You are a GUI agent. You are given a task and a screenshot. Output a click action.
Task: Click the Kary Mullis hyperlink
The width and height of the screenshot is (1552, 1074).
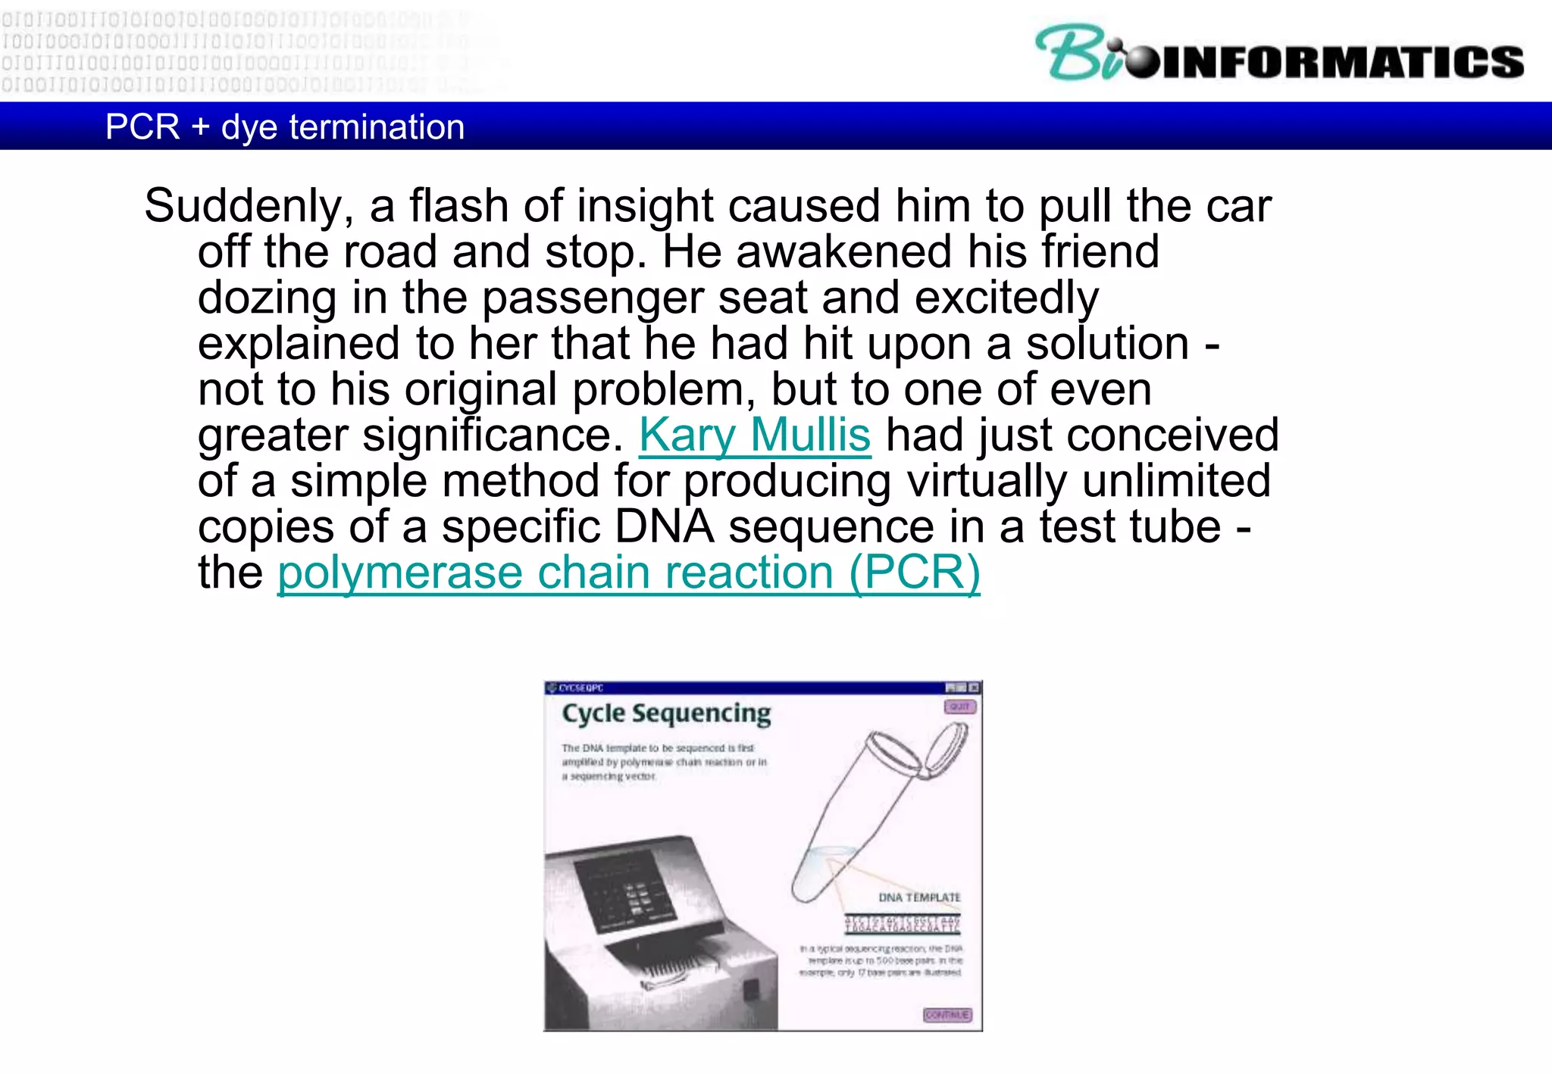[x=755, y=436]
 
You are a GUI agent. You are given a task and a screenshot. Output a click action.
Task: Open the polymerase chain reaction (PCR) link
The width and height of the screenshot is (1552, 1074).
[x=628, y=573]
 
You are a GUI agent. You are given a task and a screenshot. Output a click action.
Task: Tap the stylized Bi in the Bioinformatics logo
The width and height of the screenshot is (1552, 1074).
[x=1076, y=53]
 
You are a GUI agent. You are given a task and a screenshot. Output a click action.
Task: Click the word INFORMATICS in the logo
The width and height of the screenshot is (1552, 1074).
[x=1341, y=62]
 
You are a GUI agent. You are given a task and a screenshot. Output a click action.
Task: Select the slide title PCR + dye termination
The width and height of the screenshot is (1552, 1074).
[x=285, y=126]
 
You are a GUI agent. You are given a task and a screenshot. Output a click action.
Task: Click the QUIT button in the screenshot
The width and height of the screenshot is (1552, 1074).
[x=959, y=707]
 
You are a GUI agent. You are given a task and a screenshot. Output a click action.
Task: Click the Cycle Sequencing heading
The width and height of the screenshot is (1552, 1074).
[x=666, y=713]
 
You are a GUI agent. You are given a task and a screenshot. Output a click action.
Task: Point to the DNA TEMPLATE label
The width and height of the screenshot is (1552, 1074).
[x=919, y=898]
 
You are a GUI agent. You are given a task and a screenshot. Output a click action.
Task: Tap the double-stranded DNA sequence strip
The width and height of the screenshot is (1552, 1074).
[x=903, y=924]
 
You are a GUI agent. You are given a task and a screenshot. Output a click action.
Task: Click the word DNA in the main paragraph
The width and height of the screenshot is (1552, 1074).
[x=664, y=527]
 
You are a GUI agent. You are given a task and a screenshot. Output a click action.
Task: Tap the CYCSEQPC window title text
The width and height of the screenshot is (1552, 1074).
[x=581, y=688]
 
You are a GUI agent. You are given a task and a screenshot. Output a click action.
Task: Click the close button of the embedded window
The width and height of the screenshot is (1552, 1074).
[x=974, y=688]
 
